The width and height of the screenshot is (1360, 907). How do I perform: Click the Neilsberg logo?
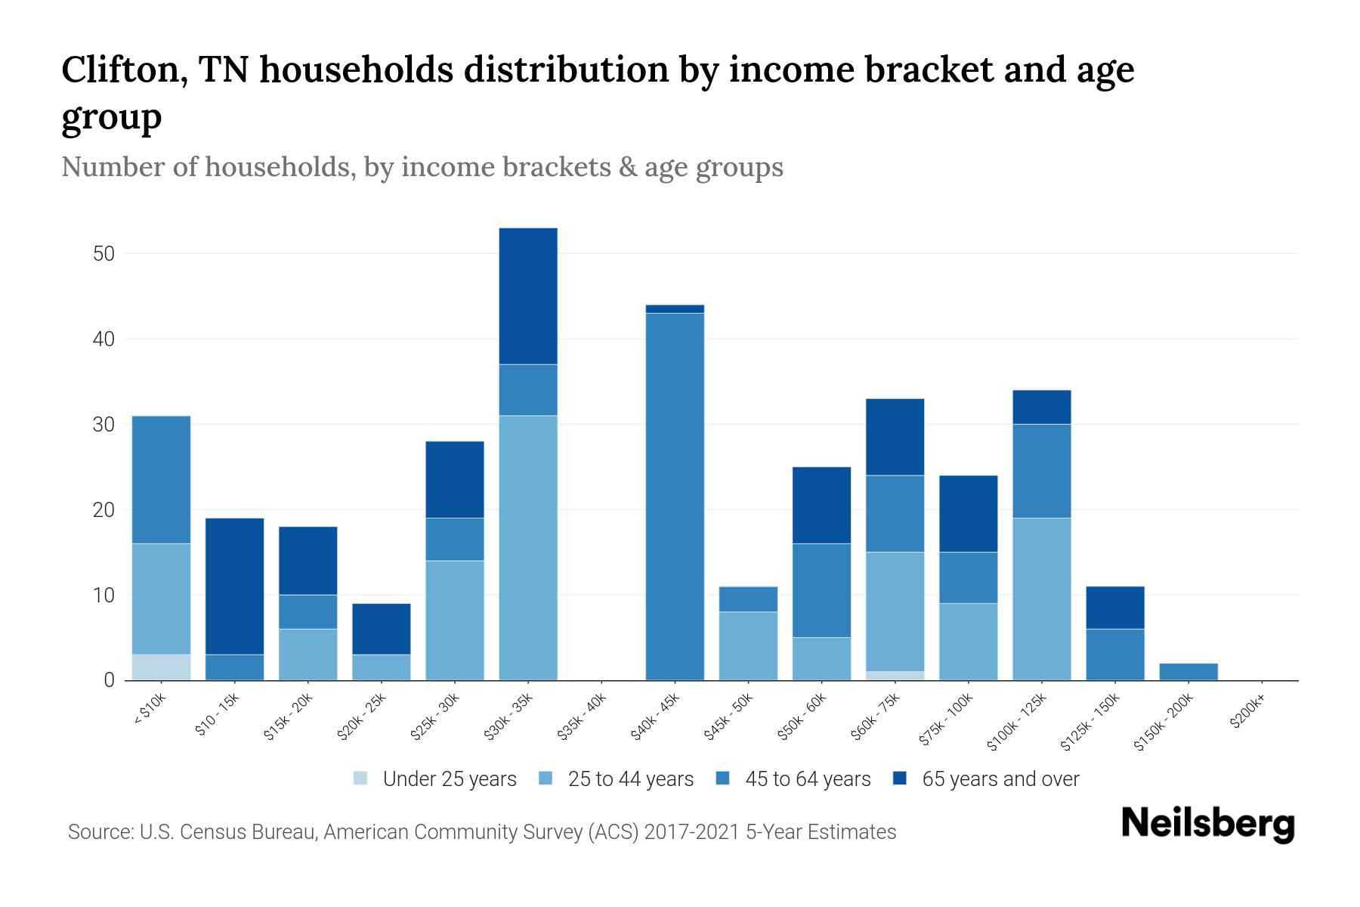click(1207, 824)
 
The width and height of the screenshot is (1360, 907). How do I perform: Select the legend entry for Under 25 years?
click(435, 779)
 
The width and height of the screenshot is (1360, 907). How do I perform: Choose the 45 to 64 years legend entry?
click(793, 779)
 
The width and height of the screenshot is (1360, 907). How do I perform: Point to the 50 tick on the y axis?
click(104, 254)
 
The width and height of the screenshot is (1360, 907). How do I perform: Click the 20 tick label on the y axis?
click(104, 510)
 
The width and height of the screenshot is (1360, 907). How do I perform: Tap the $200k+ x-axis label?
click(1248, 713)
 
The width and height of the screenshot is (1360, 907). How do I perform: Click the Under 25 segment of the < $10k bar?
click(161, 667)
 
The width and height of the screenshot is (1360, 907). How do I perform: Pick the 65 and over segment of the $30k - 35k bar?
click(528, 296)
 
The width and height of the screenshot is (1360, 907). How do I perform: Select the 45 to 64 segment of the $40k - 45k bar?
click(675, 497)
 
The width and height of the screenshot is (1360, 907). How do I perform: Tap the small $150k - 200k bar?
click(1188, 672)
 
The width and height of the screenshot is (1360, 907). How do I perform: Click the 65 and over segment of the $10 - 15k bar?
click(234, 587)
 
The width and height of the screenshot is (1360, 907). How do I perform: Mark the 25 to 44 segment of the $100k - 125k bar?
click(1041, 599)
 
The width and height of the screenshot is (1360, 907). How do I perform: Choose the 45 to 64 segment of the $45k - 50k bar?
click(748, 599)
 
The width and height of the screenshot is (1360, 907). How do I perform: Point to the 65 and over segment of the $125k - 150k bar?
click(1114, 608)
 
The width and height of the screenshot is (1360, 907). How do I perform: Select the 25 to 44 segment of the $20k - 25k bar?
click(381, 667)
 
